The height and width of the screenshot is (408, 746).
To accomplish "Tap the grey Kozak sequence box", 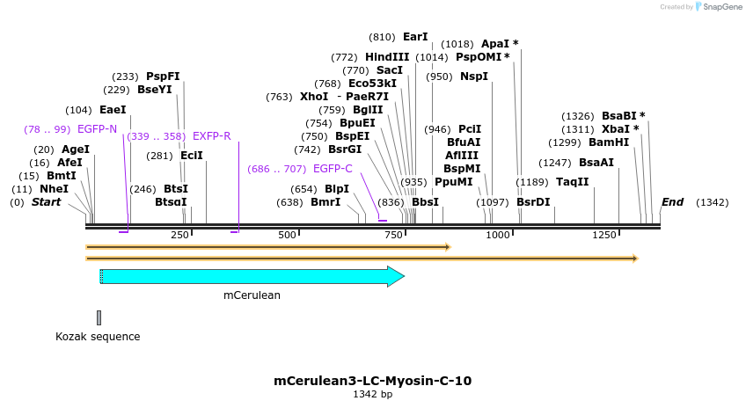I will click(x=99, y=317).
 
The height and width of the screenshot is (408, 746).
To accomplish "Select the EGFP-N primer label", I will click(x=97, y=129).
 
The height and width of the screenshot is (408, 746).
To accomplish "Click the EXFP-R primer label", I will click(x=211, y=136).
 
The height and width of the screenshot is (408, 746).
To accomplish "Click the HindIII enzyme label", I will click(x=387, y=57).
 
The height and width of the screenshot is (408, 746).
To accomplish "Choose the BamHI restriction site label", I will click(x=609, y=142).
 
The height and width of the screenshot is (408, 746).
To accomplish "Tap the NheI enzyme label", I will click(x=54, y=189).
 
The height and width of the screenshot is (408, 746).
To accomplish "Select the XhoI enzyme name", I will click(x=314, y=97).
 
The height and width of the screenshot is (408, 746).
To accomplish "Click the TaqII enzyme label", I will click(x=572, y=182).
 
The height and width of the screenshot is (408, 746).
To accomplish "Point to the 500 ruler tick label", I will click(x=287, y=236).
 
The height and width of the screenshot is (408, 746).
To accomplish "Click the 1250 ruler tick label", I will click(x=603, y=236).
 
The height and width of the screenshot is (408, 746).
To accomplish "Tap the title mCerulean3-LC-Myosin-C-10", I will click(x=372, y=381).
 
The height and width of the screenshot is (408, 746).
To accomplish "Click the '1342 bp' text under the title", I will click(x=372, y=395).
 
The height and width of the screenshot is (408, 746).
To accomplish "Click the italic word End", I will click(x=672, y=202).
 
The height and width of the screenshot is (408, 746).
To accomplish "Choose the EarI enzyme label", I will click(x=415, y=37).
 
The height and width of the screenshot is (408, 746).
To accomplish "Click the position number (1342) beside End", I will click(x=712, y=202).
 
